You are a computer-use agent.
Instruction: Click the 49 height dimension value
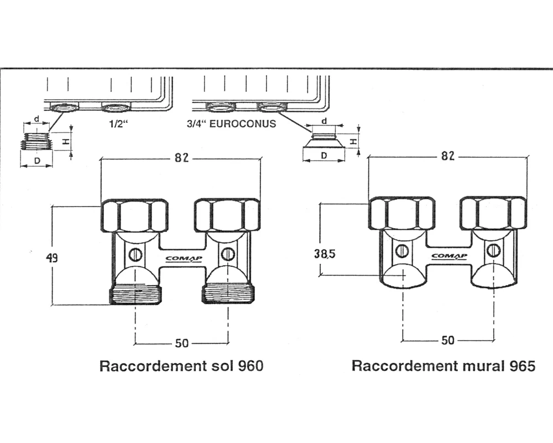[53, 258]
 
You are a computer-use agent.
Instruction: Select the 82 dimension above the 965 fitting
[448, 156]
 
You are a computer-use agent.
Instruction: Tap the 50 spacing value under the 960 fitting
[181, 343]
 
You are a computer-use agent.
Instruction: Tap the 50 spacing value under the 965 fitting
[448, 340]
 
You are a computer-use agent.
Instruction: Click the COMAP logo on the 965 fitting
[450, 255]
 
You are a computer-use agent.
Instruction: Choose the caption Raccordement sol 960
[181, 367]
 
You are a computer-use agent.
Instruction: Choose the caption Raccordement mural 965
[444, 366]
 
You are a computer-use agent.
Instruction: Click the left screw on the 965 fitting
[403, 251]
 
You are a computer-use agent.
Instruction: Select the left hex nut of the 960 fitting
[134, 215]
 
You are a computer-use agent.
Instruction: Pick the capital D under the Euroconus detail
[324, 157]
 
